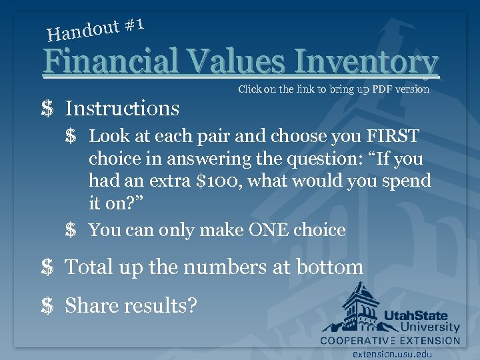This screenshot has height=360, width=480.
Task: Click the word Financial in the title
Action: click(111, 62)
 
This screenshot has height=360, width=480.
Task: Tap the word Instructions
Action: click(123, 108)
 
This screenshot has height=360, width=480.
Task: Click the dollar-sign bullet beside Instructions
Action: click(47, 108)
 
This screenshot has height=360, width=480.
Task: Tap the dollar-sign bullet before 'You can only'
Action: click(71, 231)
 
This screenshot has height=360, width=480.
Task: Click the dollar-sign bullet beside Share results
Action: click(47, 305)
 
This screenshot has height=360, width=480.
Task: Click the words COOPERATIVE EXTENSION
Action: click(390, 341)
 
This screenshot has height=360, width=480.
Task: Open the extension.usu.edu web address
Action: click(392, 355)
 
